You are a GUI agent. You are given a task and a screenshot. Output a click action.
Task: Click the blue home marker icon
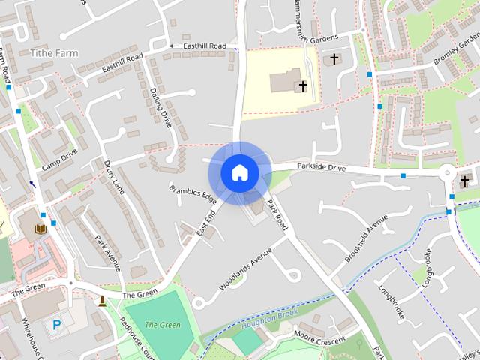pos(239,172)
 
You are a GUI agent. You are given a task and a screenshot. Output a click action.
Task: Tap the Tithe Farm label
pos(54,54)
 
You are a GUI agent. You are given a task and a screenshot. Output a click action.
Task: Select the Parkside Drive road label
pos(321,169)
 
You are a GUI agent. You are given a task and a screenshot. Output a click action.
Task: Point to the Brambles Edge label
pos(192,194)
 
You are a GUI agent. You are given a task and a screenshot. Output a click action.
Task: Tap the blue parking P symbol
pos(58,325)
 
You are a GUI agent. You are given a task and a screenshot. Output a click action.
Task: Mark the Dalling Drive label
pos(160,107)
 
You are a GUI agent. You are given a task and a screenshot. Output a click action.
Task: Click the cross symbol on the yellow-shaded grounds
pos(303,86)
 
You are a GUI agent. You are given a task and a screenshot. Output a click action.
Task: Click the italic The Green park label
pos(162,325)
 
